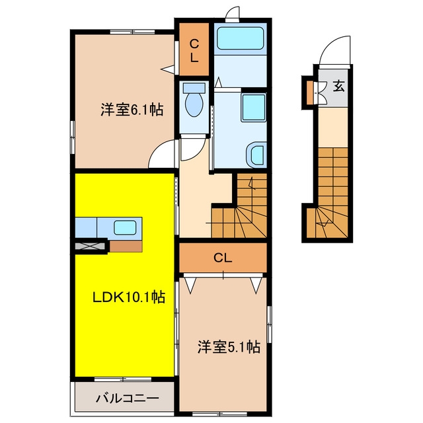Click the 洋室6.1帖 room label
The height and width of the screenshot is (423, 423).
coord(132,110)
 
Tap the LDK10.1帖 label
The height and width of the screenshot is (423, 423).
coord(129,297)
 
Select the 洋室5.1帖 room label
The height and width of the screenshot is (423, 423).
coord(229,347)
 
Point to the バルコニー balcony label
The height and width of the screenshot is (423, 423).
coord(128,398)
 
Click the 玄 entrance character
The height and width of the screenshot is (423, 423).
coord(338,87)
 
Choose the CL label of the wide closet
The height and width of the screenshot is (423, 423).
coord(223,258)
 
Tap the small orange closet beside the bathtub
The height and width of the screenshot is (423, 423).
coord(194,50)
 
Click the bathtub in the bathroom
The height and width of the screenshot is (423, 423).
coord(241,38)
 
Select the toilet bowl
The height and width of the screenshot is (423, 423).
coord(194,104)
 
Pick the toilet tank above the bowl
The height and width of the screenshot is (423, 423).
coord(194,88)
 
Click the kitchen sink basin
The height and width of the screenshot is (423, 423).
coord(125,227)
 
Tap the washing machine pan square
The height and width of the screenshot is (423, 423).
coord(254,108)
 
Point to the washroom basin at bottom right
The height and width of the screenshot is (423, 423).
coord(256,155)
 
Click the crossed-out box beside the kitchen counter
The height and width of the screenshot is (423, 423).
coord(90,246)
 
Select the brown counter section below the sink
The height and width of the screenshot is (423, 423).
coord(126,246)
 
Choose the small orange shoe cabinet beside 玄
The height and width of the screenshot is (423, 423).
coord(310,93)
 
